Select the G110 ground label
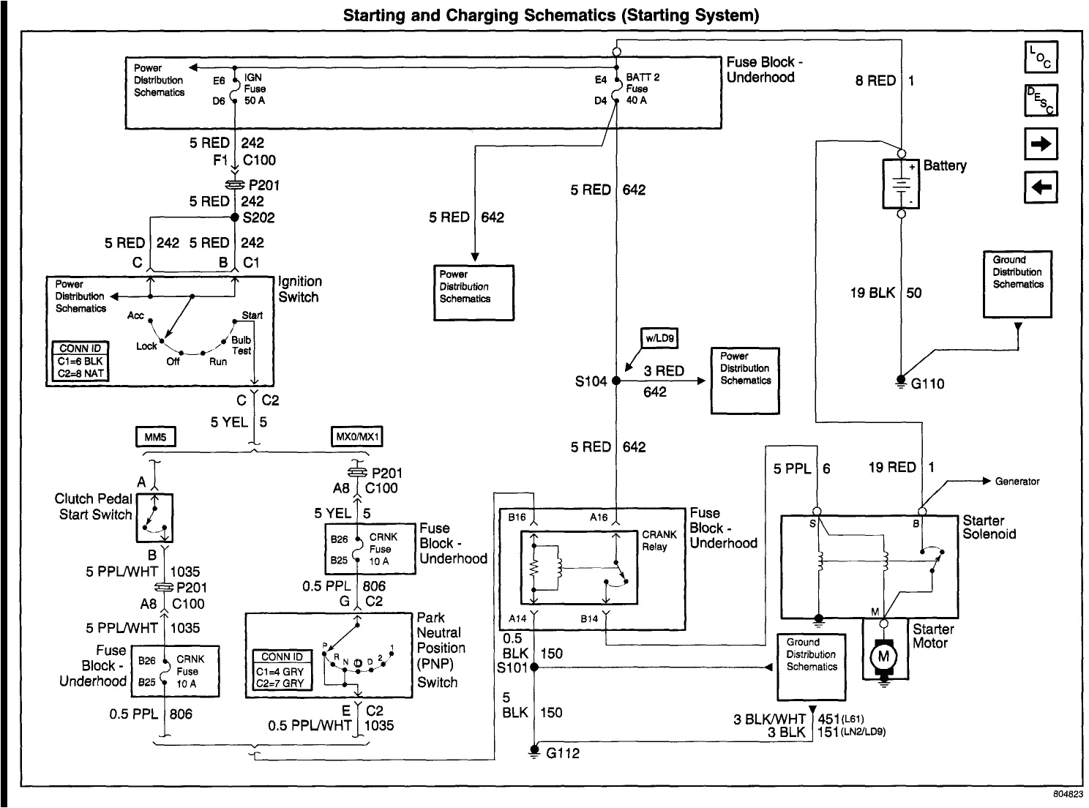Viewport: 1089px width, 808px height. (x=927, y=384)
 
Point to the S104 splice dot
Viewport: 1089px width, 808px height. (x=616, y=381)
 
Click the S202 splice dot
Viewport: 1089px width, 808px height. (x=235, y=217)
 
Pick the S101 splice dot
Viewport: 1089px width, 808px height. (x=534, y=667)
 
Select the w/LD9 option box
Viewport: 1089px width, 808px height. (x=659, y=338)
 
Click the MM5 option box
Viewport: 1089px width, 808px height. (x=156, y=437)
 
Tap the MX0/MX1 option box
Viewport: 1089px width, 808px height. (x=356, y=437)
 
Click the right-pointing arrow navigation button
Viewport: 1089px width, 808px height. (x=1040, y=144)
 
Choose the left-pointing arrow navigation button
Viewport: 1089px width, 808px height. (x=1040, y=189)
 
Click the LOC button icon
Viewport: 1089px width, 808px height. (x=1040, y=58)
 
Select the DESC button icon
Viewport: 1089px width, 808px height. (x=1040, y=100)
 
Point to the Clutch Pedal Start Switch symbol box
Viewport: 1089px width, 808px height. (x=154, y=517)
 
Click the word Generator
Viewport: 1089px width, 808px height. (x=1017, y=482)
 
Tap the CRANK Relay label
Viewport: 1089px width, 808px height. (x=659, y=540)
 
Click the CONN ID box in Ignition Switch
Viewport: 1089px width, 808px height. (x=81, y=362)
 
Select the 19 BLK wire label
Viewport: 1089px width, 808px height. (x=872, y=293)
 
